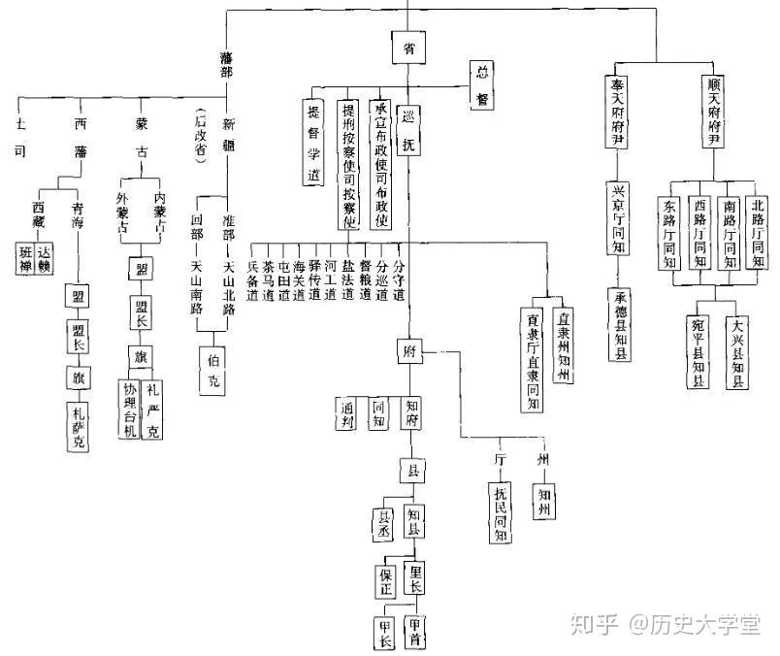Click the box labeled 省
[409, 47]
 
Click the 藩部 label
[226, 71]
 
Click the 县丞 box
[385, 523]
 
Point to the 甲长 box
[385, 633]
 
